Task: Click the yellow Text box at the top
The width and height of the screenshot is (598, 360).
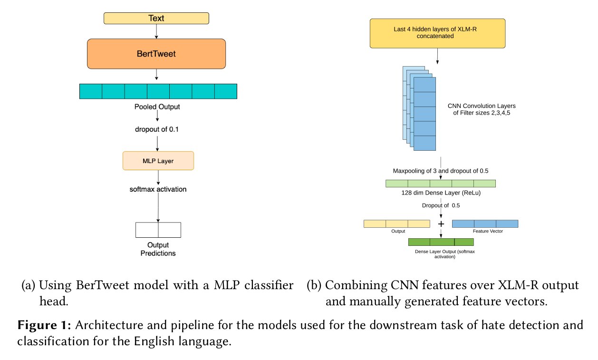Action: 156,19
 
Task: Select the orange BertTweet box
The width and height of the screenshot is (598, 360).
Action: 156,54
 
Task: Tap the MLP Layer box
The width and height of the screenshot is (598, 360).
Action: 158,161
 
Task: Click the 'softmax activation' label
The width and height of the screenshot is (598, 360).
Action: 158,189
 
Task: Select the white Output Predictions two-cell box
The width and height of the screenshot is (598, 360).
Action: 158,230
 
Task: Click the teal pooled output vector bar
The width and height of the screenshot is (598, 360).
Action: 158,91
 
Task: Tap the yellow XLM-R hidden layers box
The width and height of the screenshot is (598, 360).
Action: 437,33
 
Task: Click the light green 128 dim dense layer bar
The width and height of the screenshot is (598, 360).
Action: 440,184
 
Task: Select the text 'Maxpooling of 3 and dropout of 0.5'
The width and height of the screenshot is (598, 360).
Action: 440,171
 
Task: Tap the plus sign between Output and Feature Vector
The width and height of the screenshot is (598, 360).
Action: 441,224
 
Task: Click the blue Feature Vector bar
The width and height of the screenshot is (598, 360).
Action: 485,224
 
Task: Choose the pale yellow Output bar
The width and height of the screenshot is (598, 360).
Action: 396,224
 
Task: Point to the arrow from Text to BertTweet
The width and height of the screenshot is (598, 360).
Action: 156,31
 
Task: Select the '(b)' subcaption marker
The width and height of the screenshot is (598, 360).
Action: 314,286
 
